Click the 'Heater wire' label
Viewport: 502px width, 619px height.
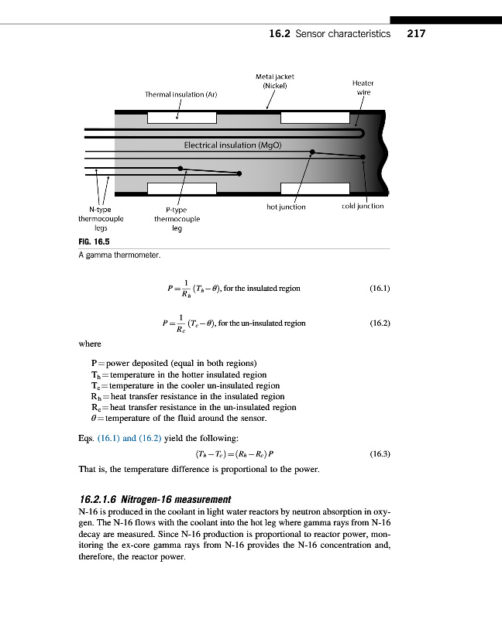point(363,87)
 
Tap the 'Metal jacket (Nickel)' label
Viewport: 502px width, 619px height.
point(274,81)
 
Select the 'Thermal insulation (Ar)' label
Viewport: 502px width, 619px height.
point(181,94)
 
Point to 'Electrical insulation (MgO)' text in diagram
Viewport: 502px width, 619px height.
point(232,145)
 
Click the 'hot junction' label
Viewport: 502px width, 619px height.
point(286,207)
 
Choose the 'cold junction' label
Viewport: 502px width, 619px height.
point(362,206)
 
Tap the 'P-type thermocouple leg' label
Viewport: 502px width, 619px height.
point(177,218)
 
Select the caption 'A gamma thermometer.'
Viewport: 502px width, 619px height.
point(119,255)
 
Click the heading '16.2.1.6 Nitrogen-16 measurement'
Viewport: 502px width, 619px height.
point(155,498)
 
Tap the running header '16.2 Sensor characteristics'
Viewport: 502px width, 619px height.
point(329,34)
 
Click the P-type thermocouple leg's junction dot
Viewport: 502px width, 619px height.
point(181,167)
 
